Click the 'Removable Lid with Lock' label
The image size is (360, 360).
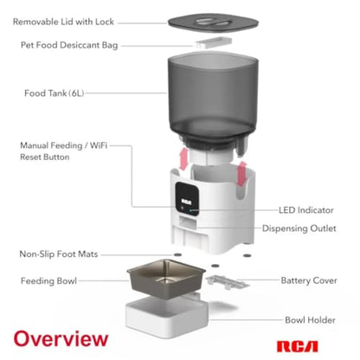click(63, 22)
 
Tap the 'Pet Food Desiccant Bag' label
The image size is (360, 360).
click(69, 45)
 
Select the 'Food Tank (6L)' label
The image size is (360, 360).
click(55, 93)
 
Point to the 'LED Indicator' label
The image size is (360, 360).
click(306, 210)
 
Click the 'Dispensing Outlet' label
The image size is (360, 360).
click(299, 228)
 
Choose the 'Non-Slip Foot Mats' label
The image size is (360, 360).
click(59, 254)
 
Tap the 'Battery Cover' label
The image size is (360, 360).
click(309, 280)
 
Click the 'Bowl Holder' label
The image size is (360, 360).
click(310, 320)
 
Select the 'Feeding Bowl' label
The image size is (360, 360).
click(48, 280)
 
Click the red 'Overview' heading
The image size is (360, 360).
click(61, 338)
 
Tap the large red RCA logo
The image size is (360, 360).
click(298, 346)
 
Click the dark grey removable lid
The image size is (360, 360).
click(213, 22)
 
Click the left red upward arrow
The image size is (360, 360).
click(183, 158)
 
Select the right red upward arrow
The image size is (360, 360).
click(241, 174)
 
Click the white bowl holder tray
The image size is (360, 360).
click(167, 315)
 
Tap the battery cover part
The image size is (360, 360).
click(228, 282)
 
